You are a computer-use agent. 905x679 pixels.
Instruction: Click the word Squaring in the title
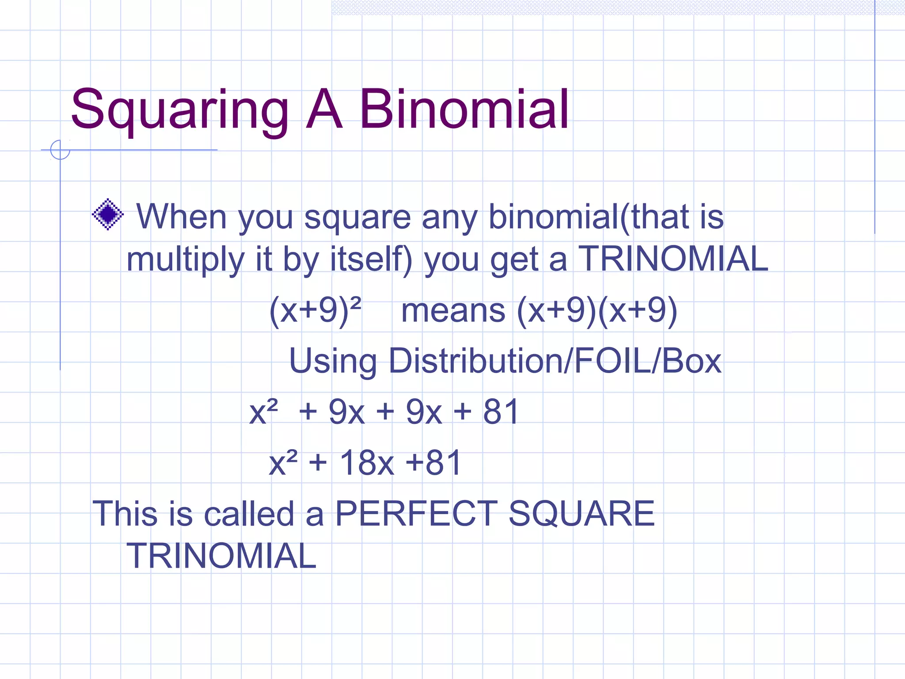tap(179, 110)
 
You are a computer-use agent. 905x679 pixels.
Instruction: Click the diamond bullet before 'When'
tap(107, 215)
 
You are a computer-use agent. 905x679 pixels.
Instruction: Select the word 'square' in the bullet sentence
tap(357, 217)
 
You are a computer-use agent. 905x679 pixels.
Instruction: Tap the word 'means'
tap(453, 310)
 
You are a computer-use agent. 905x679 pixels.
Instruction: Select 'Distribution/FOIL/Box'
tap(555, 361)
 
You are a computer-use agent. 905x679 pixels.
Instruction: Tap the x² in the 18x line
tap(283, 462)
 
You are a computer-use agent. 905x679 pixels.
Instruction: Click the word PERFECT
tap(416, 514)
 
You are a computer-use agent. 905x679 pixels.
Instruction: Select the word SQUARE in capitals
tap(581, 514)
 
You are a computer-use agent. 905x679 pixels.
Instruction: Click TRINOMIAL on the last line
tap(221, 556)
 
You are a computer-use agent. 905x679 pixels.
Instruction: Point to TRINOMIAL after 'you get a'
tap(673, 259)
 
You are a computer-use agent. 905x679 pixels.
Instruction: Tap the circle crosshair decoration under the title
tap(60, 150)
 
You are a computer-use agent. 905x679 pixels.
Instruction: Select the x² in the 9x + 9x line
tap(263, 411)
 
